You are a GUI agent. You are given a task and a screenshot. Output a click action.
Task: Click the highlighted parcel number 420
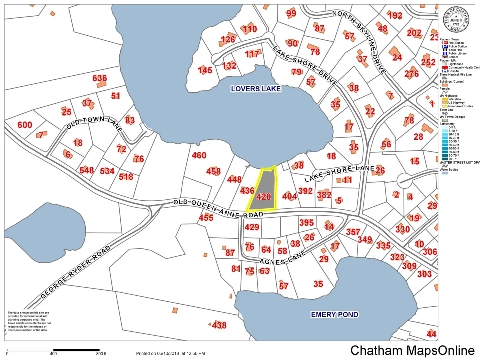coord(263,197)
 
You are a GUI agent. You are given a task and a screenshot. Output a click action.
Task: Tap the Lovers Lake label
coord(256,89)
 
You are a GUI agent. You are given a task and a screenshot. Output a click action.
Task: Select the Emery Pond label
coord(334,314)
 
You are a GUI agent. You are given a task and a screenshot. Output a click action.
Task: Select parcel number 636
coord(100,78)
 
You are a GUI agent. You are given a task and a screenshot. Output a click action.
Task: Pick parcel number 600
coord(24,125)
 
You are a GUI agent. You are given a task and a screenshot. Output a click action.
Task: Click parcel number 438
coord(219,326)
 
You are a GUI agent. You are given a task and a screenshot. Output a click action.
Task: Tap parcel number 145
coord(205,70)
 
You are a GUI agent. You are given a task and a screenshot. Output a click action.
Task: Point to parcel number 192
coord(395,16)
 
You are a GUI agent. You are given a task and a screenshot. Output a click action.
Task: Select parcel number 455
coord(206,218)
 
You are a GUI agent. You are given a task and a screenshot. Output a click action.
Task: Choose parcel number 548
coord(86,171)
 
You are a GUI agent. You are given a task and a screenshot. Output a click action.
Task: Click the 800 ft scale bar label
coord(101,354)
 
